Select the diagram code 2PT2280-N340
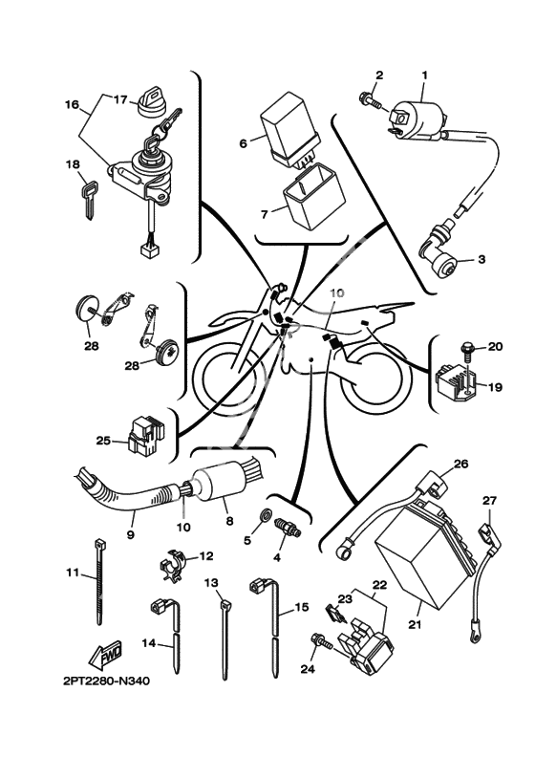click(106, 681)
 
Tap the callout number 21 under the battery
click(415, 624)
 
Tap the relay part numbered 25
click(145, 436)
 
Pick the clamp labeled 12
click(173, 565)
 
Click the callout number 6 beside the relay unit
click(243, 143)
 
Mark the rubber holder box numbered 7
click(313, 196)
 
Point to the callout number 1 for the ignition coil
click(424, 76)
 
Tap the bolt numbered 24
click(322, 642)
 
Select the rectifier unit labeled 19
click(455, 381)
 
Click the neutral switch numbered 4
click(287, 528)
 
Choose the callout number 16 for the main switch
click(72, 104)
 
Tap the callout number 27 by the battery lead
click(489, 501)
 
